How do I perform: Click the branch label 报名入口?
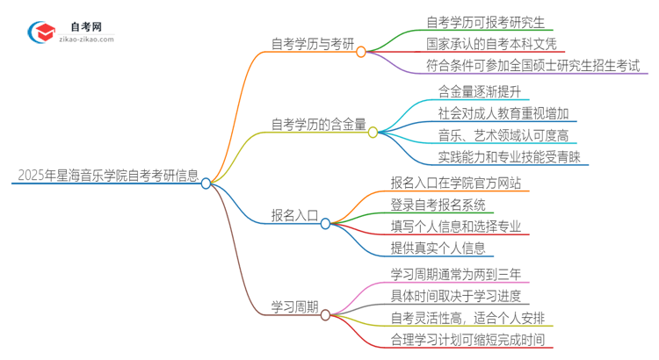pyautogui.click(x=293, y=215)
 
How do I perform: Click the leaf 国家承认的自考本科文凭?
pyautogui.click(x=491, y=42)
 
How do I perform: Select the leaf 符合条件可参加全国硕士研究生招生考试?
pyautogui.click(x=532, y=66)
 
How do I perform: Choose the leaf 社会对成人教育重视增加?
pyautogui.click(x=506, y=112)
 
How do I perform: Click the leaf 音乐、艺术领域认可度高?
pyautogui.click(x=502, y=135)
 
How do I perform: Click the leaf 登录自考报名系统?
pyautogui.click(x=438, y=205)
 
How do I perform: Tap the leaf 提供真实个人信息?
pyautogui.click(x=438, y=248)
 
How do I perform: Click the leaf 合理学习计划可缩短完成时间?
pyautogui.click(x=472, y=339)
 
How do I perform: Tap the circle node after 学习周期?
pyautogui.click(x=325, y=314)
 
